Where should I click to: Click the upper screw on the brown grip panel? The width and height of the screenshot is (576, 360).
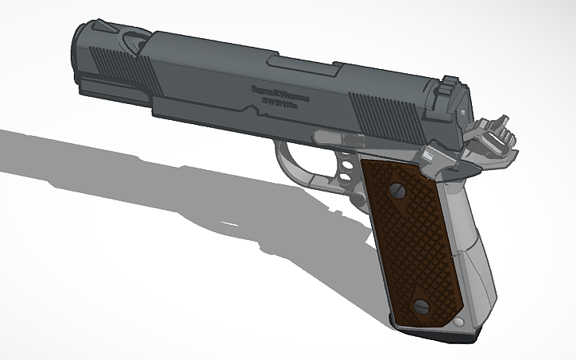(x=396, y=191)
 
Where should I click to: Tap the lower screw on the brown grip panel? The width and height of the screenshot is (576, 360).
(x=421, y=306)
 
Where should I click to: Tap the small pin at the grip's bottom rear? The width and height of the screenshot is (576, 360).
(x=458, y=321)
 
